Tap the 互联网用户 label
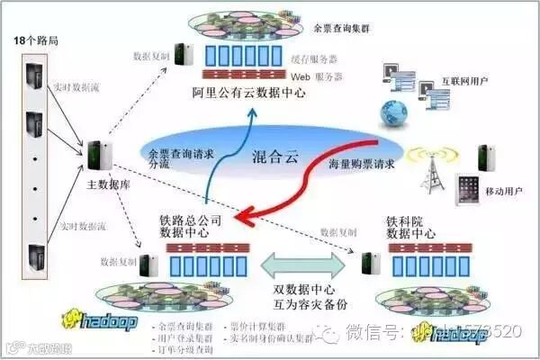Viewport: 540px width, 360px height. [x=465, y=81]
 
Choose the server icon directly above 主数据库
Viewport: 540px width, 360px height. [x=99, y=155]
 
